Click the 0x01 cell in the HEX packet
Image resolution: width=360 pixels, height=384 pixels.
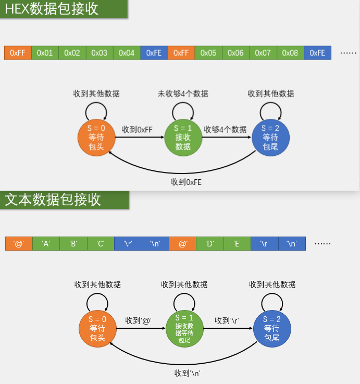click(45, 53)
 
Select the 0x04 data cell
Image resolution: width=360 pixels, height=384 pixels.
click(127, 53)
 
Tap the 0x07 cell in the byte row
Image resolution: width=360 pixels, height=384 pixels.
click(263, 53)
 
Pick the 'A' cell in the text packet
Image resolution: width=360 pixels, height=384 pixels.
click(46, 243)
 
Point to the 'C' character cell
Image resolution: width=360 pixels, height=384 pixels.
click(101, 243)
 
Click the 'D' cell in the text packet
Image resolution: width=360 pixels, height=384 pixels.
click(210, 243)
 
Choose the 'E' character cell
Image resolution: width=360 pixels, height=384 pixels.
click(237, 243)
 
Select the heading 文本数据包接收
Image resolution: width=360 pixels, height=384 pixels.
click(52, 200)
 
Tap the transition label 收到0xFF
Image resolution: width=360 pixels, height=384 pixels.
click(137, 130)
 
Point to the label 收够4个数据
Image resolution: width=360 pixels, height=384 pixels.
click(225, 130)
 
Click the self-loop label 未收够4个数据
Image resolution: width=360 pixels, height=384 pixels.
click(183, 94)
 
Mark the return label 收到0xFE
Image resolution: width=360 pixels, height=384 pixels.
click(186, 182)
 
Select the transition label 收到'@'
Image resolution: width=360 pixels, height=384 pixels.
click(138, 320)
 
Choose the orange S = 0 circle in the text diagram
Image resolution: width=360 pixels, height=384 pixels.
click(97, 328)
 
